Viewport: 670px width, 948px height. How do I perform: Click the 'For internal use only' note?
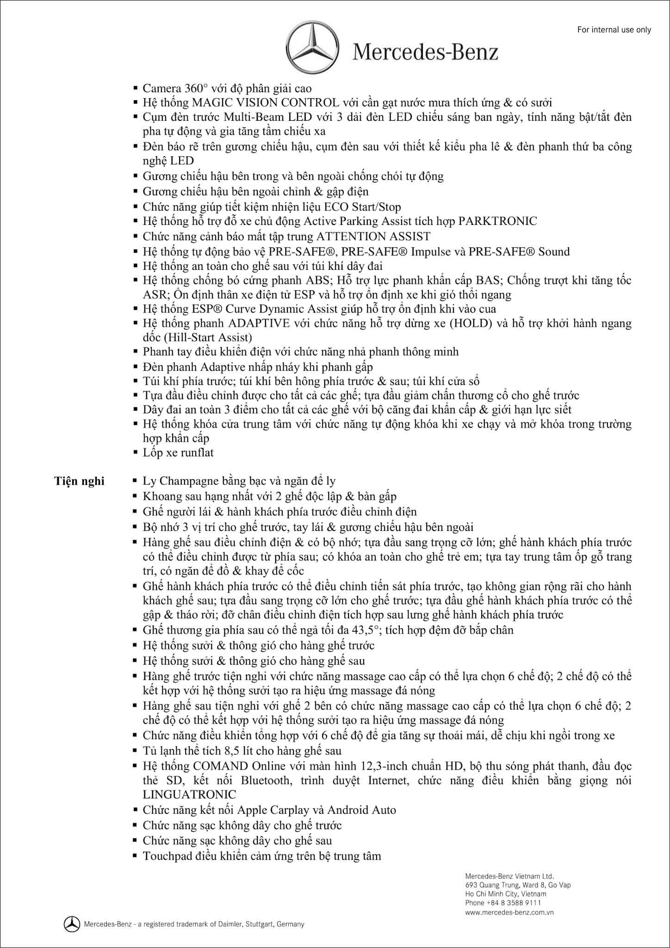click(x=614, y=30)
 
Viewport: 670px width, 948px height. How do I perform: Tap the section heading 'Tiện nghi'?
click(x=80, y=481)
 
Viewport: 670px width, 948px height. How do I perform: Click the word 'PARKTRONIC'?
click(x=497, y=221)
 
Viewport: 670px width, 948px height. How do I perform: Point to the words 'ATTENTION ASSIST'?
click(x=373, y=236)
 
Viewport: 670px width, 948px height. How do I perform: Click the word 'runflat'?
click(x=197, y=452)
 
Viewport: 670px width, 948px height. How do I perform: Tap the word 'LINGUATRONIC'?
click(x=189, y=794)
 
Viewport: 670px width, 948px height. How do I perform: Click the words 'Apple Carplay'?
click(x=273, y=810)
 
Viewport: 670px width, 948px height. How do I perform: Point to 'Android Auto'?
click(x=362, y=810)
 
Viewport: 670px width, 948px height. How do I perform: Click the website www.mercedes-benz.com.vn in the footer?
click(x=509, y=912)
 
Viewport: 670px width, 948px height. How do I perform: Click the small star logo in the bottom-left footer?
click(x=72, y=924)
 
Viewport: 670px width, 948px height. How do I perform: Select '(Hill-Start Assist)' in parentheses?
click(x=198, y=337)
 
